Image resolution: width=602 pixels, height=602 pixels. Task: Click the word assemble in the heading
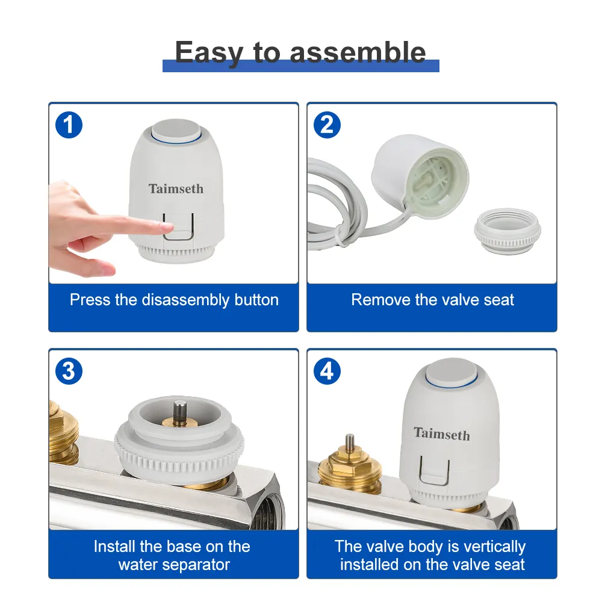pos(358,52)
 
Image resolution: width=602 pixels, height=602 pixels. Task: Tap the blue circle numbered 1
pos(69,125)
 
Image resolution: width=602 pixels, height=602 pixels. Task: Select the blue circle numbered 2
pos(327,125)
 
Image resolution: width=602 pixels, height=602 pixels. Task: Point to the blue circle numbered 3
pos(69,371)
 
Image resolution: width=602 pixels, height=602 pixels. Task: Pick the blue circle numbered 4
pos(327,371)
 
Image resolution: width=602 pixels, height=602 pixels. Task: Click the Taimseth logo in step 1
pos(176,188)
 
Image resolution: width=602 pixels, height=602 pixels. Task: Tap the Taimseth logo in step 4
pos(442,433)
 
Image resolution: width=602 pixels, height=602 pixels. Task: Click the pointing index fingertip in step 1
pos(169,228)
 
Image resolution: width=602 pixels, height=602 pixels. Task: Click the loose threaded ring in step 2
pos(507,230)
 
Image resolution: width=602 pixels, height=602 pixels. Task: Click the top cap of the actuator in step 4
pos(451,372)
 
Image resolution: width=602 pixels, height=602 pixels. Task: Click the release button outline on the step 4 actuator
pos(435,471)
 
